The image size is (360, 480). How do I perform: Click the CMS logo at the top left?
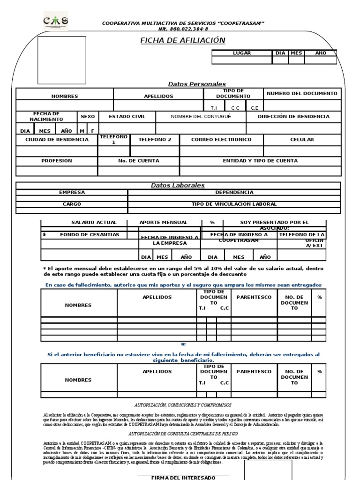55,22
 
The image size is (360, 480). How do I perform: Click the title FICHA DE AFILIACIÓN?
183,41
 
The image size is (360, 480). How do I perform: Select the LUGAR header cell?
242,53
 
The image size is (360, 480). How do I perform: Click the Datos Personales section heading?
197,84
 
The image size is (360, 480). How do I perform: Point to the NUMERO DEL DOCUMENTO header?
302,93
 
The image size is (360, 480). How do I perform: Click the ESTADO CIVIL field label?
127,116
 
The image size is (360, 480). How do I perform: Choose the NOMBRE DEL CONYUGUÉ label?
201,116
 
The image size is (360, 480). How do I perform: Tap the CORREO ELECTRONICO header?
221,140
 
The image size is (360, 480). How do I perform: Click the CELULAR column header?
302,140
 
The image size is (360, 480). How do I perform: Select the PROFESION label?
57,161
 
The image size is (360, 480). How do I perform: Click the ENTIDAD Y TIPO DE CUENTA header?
260,161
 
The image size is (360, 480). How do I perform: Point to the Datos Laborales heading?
178,186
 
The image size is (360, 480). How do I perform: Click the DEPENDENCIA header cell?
234,192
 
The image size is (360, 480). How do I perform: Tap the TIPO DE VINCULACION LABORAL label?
234,204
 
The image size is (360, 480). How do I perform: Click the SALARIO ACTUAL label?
94,222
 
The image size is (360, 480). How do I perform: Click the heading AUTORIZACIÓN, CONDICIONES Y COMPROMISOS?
183,405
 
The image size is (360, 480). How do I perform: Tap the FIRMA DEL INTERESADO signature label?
183,477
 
